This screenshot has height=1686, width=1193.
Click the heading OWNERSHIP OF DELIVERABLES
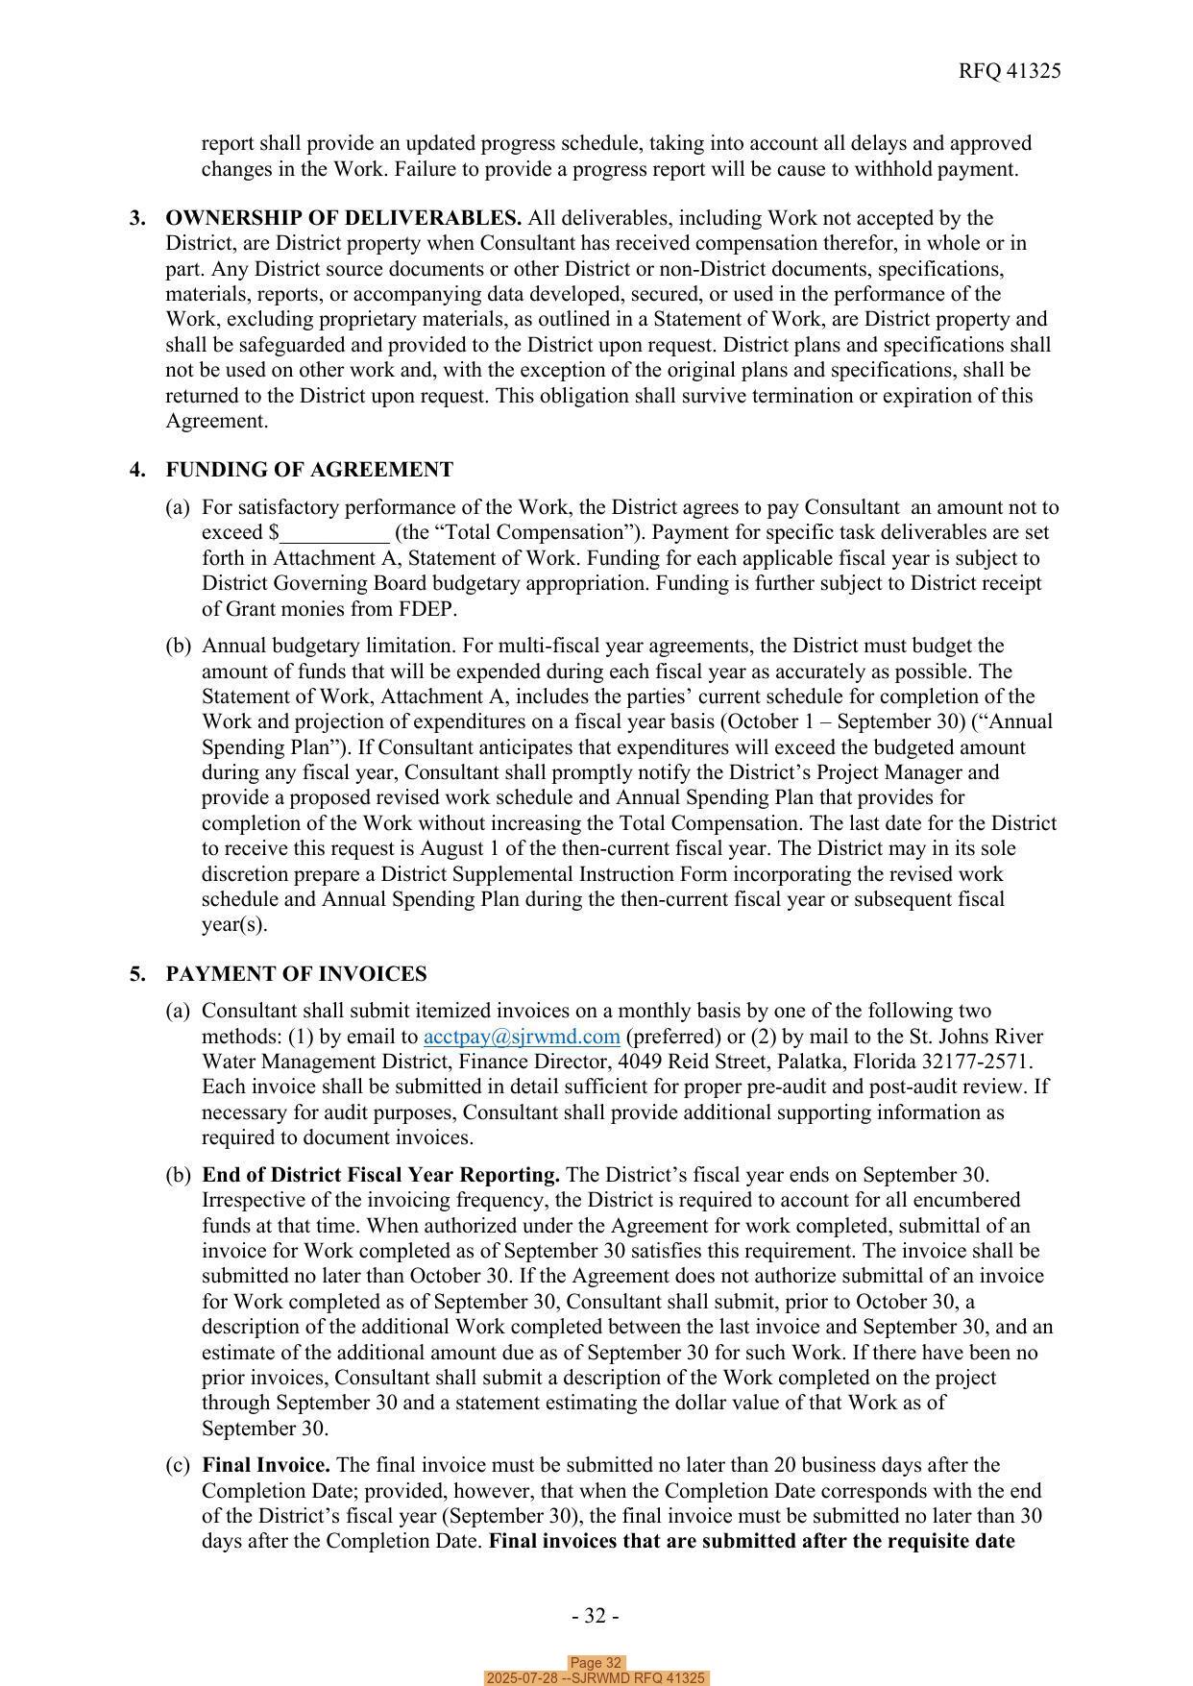[x=344, y=218]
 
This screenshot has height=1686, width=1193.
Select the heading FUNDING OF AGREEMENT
[x=309, y=470]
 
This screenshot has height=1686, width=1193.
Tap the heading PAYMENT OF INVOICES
[x=296, y=974]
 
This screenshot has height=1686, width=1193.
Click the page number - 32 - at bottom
[x=596, y=1616]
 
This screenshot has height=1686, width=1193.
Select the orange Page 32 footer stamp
[x=596, y=1663]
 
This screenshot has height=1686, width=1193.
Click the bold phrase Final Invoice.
[x=266, y=1465]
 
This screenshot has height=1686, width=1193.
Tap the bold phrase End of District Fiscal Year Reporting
[x=381, y=1175]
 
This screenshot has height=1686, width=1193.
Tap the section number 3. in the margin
[x=138, y=218]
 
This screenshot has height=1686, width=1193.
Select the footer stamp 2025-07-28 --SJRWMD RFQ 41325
[x=596, y=1678]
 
